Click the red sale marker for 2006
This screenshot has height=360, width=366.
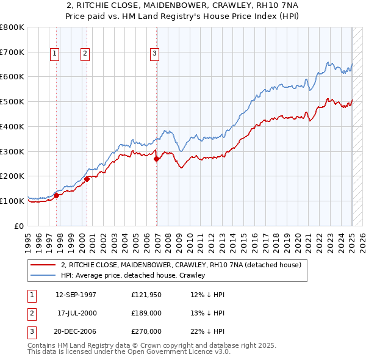pos(157,159)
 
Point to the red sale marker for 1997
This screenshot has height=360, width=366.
pos(56,195)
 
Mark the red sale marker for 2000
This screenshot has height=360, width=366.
pos(87,179)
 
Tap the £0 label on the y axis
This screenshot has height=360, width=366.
pos(19,226)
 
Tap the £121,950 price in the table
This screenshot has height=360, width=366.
pos(146,295)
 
